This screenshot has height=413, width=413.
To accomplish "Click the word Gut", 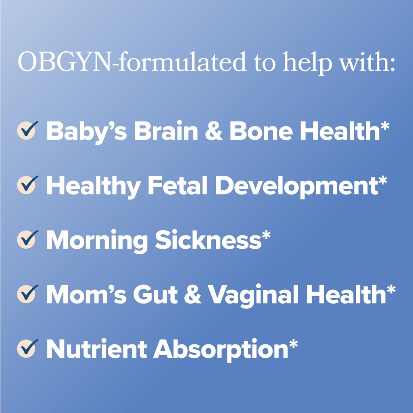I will pyautogui.click(x=155, y=294).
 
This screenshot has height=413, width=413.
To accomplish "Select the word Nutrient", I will pyautogui.click(x=96, y=349).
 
